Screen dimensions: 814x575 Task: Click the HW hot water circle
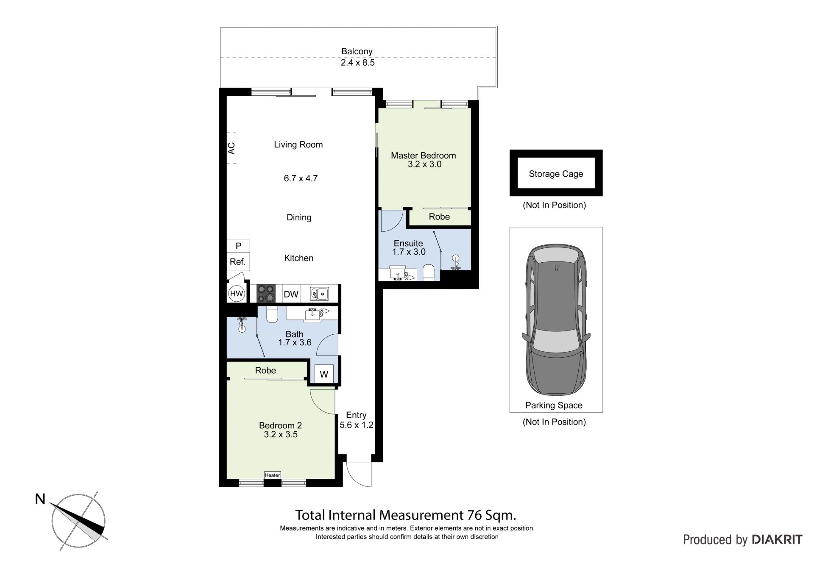tap(237, 294)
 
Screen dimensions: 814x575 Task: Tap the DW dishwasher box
tap(291, 294)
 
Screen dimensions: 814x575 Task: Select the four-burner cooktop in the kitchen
tap(266, 293)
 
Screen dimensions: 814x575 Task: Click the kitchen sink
tap(319, 293)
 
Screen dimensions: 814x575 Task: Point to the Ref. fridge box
tap(238, 262)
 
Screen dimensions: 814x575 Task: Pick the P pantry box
tap(238, 246)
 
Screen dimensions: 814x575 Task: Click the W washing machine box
tap(324, 374)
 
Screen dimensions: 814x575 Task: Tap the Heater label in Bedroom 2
tap(272, 475)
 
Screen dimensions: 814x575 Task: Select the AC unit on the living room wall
tap(231, 148)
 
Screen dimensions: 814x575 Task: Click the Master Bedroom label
tap(423, 156)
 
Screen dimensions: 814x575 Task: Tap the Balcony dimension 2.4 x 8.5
tap(358, 63)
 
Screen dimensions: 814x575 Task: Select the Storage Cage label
tap(556, 174)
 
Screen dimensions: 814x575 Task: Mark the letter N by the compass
tap(40, 500)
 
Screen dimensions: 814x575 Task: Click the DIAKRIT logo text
tap(777, 539)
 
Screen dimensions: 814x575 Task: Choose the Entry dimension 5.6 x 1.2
tap(357, 425)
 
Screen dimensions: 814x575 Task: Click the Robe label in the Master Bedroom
tap(439, 217)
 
